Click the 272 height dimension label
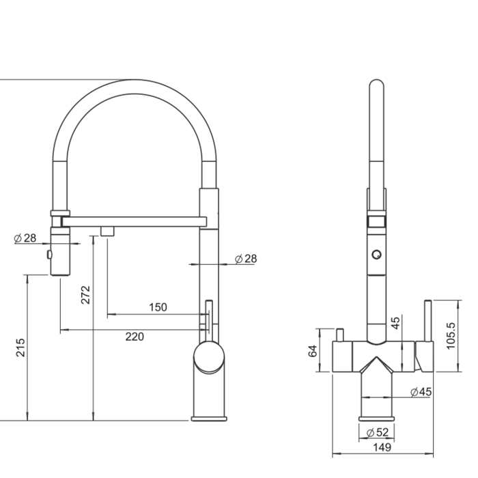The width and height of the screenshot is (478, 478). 85,294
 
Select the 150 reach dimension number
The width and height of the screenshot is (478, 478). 158,307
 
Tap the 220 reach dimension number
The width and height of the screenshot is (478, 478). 134,336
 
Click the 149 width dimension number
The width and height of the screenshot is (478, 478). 383,447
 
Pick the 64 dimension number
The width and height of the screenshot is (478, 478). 313,350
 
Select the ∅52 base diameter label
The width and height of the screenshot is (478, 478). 377,432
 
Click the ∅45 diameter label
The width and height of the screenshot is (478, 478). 421,392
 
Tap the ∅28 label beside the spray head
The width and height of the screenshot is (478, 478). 25,238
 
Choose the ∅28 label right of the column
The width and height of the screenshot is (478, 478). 245,259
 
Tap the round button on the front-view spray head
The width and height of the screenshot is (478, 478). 376,255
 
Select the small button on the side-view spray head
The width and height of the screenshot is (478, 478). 49,255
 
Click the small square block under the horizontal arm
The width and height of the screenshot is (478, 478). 107,231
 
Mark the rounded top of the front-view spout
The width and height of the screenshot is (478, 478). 376,85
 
